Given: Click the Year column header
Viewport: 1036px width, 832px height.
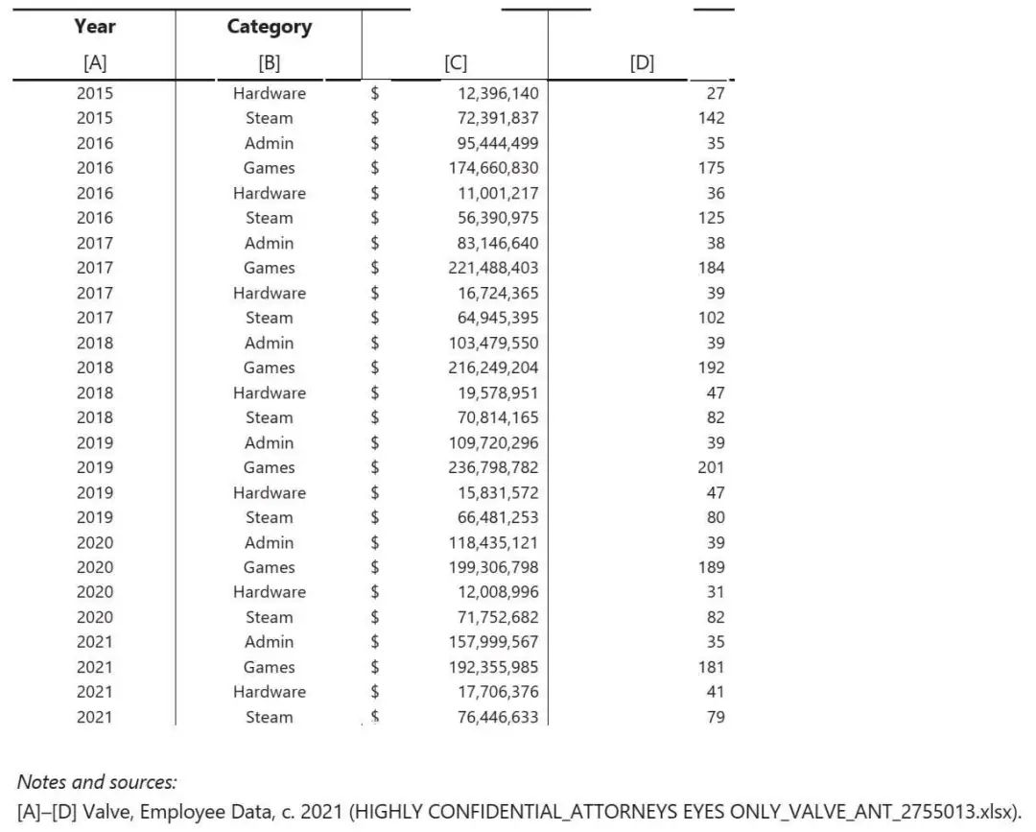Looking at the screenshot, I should tap(94, 26).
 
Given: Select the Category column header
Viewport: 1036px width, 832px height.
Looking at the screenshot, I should tap(269, 26).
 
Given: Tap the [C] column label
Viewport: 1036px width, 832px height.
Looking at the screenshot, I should tap(456, 63).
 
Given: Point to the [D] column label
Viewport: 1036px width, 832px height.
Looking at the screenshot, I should tap(642, 63).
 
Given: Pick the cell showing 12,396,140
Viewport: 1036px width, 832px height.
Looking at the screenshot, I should tap(497, 93).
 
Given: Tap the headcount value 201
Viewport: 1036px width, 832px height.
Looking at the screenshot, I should tap(711, 467).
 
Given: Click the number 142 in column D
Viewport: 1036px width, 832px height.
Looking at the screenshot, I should tap(711, 118).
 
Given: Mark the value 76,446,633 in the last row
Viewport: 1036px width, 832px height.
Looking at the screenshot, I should tap(497, 717).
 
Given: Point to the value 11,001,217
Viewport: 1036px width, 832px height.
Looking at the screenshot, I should tap(497, 193).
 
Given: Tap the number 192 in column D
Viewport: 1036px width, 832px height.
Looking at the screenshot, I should tap(711, 368).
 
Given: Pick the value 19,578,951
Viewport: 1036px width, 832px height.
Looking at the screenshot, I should tap(497, 392).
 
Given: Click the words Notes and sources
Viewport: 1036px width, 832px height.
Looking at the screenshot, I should tap(97, 782).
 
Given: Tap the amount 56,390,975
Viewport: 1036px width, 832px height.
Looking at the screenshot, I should tap(497, 218).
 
